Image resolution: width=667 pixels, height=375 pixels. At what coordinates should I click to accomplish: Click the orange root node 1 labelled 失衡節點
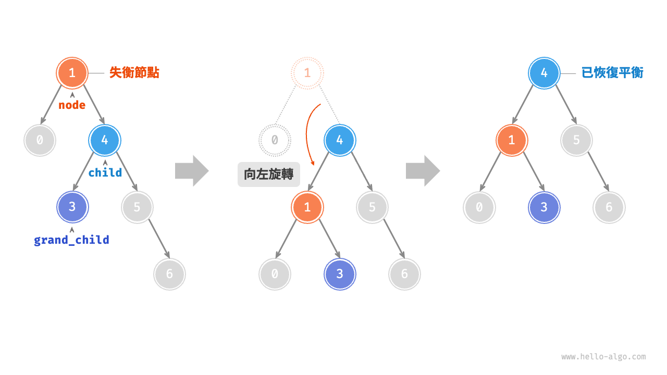(72, 73)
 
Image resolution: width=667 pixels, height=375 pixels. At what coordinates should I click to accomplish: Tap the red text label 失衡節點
(134, 72)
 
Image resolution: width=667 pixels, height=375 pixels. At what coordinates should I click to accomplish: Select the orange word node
(72, 105)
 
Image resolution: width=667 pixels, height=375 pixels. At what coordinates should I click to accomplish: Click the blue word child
(105, 172)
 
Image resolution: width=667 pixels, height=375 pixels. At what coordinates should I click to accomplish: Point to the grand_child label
(71, 240)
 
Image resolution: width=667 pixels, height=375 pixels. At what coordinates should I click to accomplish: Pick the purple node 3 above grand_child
(72, 207)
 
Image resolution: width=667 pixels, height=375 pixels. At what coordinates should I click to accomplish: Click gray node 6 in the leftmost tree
(169, 274)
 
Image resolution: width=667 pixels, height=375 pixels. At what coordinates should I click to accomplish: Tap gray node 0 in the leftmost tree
(40, 140)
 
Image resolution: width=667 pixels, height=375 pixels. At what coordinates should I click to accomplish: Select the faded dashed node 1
(307, 73)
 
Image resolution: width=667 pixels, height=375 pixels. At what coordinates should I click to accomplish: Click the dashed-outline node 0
(275, 140)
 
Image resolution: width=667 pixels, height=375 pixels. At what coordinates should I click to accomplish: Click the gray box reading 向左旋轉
(268, 174)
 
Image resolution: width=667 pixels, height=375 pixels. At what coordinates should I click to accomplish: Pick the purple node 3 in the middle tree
(340, 274)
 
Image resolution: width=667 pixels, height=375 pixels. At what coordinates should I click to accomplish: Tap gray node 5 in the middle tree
(372, 207)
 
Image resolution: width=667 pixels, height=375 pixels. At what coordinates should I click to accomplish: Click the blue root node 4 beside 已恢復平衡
(544, 73)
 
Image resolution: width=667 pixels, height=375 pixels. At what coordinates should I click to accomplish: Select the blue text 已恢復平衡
(612, 72)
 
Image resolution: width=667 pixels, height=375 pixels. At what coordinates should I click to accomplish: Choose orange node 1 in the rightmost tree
(512, 140)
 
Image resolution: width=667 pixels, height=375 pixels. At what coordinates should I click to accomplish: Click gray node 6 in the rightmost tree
(609, 207)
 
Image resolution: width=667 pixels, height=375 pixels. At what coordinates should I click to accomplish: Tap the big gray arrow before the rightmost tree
(423, 171)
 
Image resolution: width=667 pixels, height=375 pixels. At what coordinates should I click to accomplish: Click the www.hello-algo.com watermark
(603, 357)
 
